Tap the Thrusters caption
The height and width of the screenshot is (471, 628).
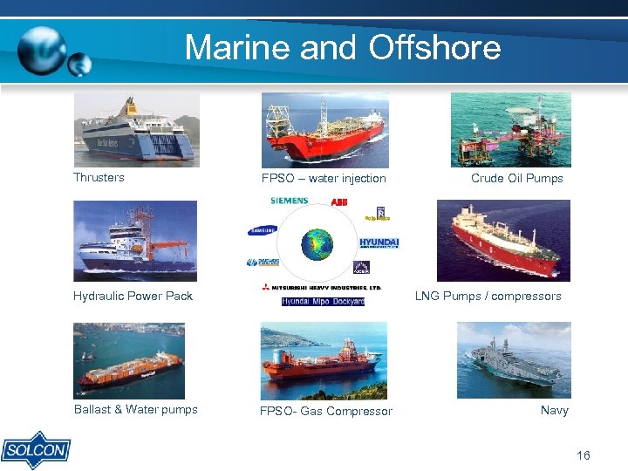99,177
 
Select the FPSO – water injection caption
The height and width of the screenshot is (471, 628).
324,178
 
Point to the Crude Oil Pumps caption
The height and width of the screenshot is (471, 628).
516,178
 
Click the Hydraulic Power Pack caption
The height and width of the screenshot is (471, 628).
133,296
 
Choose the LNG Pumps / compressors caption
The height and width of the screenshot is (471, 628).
488,296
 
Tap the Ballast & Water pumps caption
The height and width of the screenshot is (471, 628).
135,409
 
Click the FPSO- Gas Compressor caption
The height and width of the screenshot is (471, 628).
325,411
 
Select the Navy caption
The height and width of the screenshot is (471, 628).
554,410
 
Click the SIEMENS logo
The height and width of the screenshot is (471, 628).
289,201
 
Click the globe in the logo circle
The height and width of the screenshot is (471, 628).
317,244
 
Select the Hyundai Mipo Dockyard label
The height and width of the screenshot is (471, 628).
323,302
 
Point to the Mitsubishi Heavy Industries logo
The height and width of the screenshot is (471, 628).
320,287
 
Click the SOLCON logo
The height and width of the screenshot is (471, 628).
36,449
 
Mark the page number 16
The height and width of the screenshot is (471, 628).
583,455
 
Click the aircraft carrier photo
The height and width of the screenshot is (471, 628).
514,359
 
